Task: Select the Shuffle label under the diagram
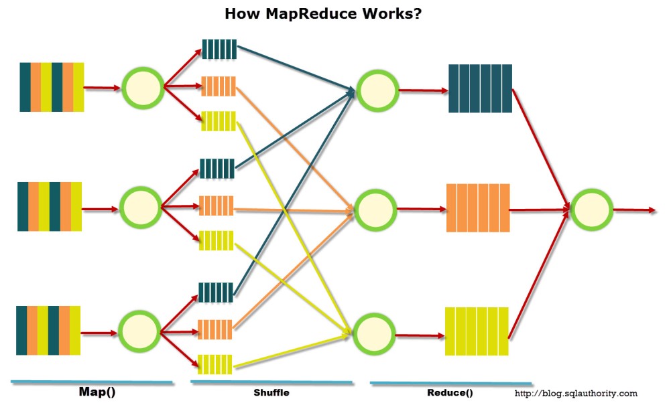pyautogui.click(x=271, y=393)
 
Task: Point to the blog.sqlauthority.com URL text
pyautogui.click(x=576, y=394)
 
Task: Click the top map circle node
pyautogui.click(x=143, y=88)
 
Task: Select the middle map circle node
pyautogui.click(x=141, y=207)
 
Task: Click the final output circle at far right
pyautogui.click(x=591, y=209)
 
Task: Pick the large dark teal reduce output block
pyautogui.click(x=480, y=88)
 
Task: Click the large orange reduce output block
pyautogui.click(x=478, y=208)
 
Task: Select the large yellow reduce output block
pyautogui.click(x=477, y=331)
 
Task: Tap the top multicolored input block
pyautogui.click(x=52, y=87)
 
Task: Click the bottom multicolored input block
pyautogui.click(x=48, y=330)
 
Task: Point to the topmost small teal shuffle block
pyautogui.click(x=219, y=49)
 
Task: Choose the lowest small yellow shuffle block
pyautogui.click(x=215, y=364)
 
